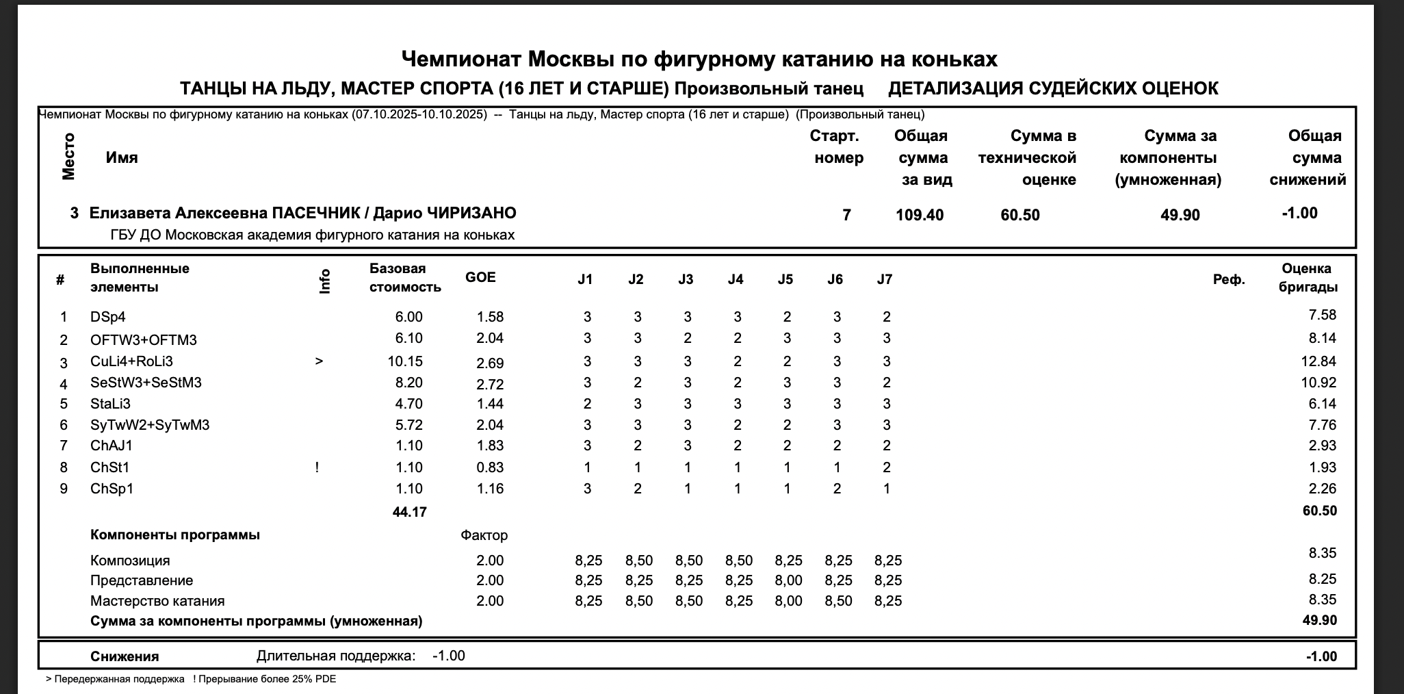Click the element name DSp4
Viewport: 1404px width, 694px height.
[108, 317]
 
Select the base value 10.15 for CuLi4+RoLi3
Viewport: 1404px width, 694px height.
[405, 361]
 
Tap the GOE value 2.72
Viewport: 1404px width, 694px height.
[490, 383]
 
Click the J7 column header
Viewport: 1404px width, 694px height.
[885, 279]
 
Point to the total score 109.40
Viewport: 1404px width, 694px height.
[920, 215]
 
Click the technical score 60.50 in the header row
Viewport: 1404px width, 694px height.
[1020, 215]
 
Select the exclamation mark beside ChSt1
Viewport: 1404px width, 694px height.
[317, 467]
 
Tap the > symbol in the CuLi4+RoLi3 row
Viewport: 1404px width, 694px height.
[319, 361]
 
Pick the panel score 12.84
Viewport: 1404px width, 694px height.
[1318, 361]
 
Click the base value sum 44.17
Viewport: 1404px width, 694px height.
[410, 512]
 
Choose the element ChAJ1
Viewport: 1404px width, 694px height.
[112, 446]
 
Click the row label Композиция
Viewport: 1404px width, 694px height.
[130, 561]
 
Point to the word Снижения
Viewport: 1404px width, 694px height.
[125, 656]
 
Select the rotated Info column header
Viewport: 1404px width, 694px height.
[325, 281]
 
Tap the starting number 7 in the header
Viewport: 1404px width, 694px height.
[846, 215]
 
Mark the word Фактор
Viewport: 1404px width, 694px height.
[484, 535]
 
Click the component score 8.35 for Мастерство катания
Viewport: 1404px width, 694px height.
[1323, 600]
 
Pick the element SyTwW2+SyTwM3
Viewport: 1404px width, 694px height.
[150, 425]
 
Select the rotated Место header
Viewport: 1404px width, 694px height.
[68, 157]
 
